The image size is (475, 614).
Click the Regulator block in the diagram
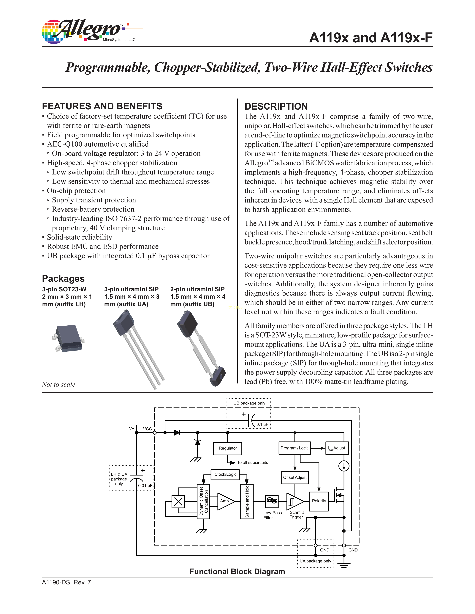coord(228,448)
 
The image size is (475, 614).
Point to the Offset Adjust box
coord(295,477)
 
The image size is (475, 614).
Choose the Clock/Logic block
coord(225,474)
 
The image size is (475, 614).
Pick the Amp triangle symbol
coord(225,501)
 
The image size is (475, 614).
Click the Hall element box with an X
coord(178,501)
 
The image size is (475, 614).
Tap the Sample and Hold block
coord(247,501)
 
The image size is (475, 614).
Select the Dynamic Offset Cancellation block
coord(203,501)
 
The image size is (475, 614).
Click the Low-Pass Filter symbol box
coord(272,501)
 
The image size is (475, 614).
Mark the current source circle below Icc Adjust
coord(344,466)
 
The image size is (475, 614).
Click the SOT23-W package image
coord(68,338)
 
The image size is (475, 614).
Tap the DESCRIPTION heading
coord(276,107)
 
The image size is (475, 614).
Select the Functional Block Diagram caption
coord(237,572)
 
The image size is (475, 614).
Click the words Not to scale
coord(58,384)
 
